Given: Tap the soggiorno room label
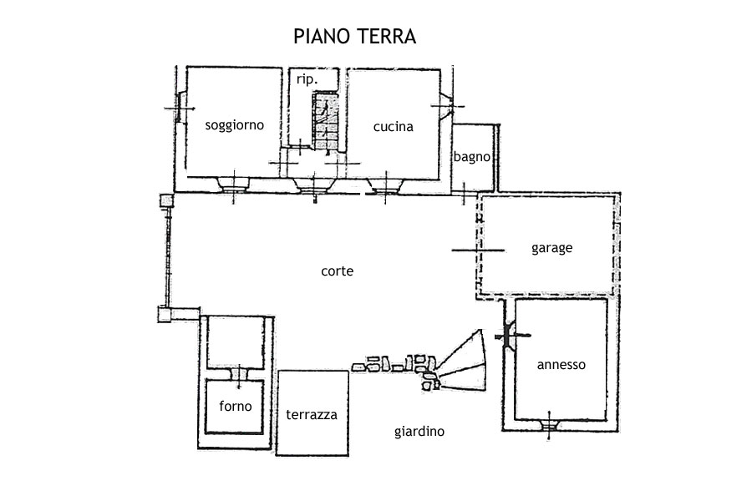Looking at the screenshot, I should coord(235,125).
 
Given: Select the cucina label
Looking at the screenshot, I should coord(393,126).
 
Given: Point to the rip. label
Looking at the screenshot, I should coord(307,79).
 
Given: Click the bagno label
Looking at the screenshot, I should coord(471,156).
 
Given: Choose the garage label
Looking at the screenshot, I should coord(551,248).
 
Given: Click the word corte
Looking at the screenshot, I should coord(337,271).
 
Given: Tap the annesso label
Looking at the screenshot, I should coord(561,365).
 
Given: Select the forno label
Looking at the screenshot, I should coord(236,407).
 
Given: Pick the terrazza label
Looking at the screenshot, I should coord(312,414).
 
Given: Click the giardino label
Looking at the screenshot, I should coord(419,432).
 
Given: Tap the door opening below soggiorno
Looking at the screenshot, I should coord(234,184).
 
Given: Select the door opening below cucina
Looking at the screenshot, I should coord(385,184).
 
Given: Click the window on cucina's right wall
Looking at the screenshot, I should coord(445,106).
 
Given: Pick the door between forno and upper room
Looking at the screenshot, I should coord(241,373).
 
